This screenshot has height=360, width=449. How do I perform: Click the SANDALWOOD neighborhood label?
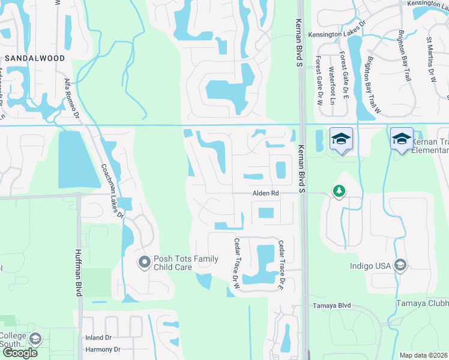click(34, 58)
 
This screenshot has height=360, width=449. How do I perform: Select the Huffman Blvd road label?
click(78, 273)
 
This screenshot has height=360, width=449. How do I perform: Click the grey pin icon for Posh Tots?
click(144, 262)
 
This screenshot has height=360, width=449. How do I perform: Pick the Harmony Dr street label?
click(103, 349)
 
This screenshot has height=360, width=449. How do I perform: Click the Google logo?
click(19, 352)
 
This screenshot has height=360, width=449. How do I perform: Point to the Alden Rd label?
click(266, 193)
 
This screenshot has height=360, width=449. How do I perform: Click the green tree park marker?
click(339, 191)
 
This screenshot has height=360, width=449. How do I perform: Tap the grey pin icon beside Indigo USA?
click(400, 265)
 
